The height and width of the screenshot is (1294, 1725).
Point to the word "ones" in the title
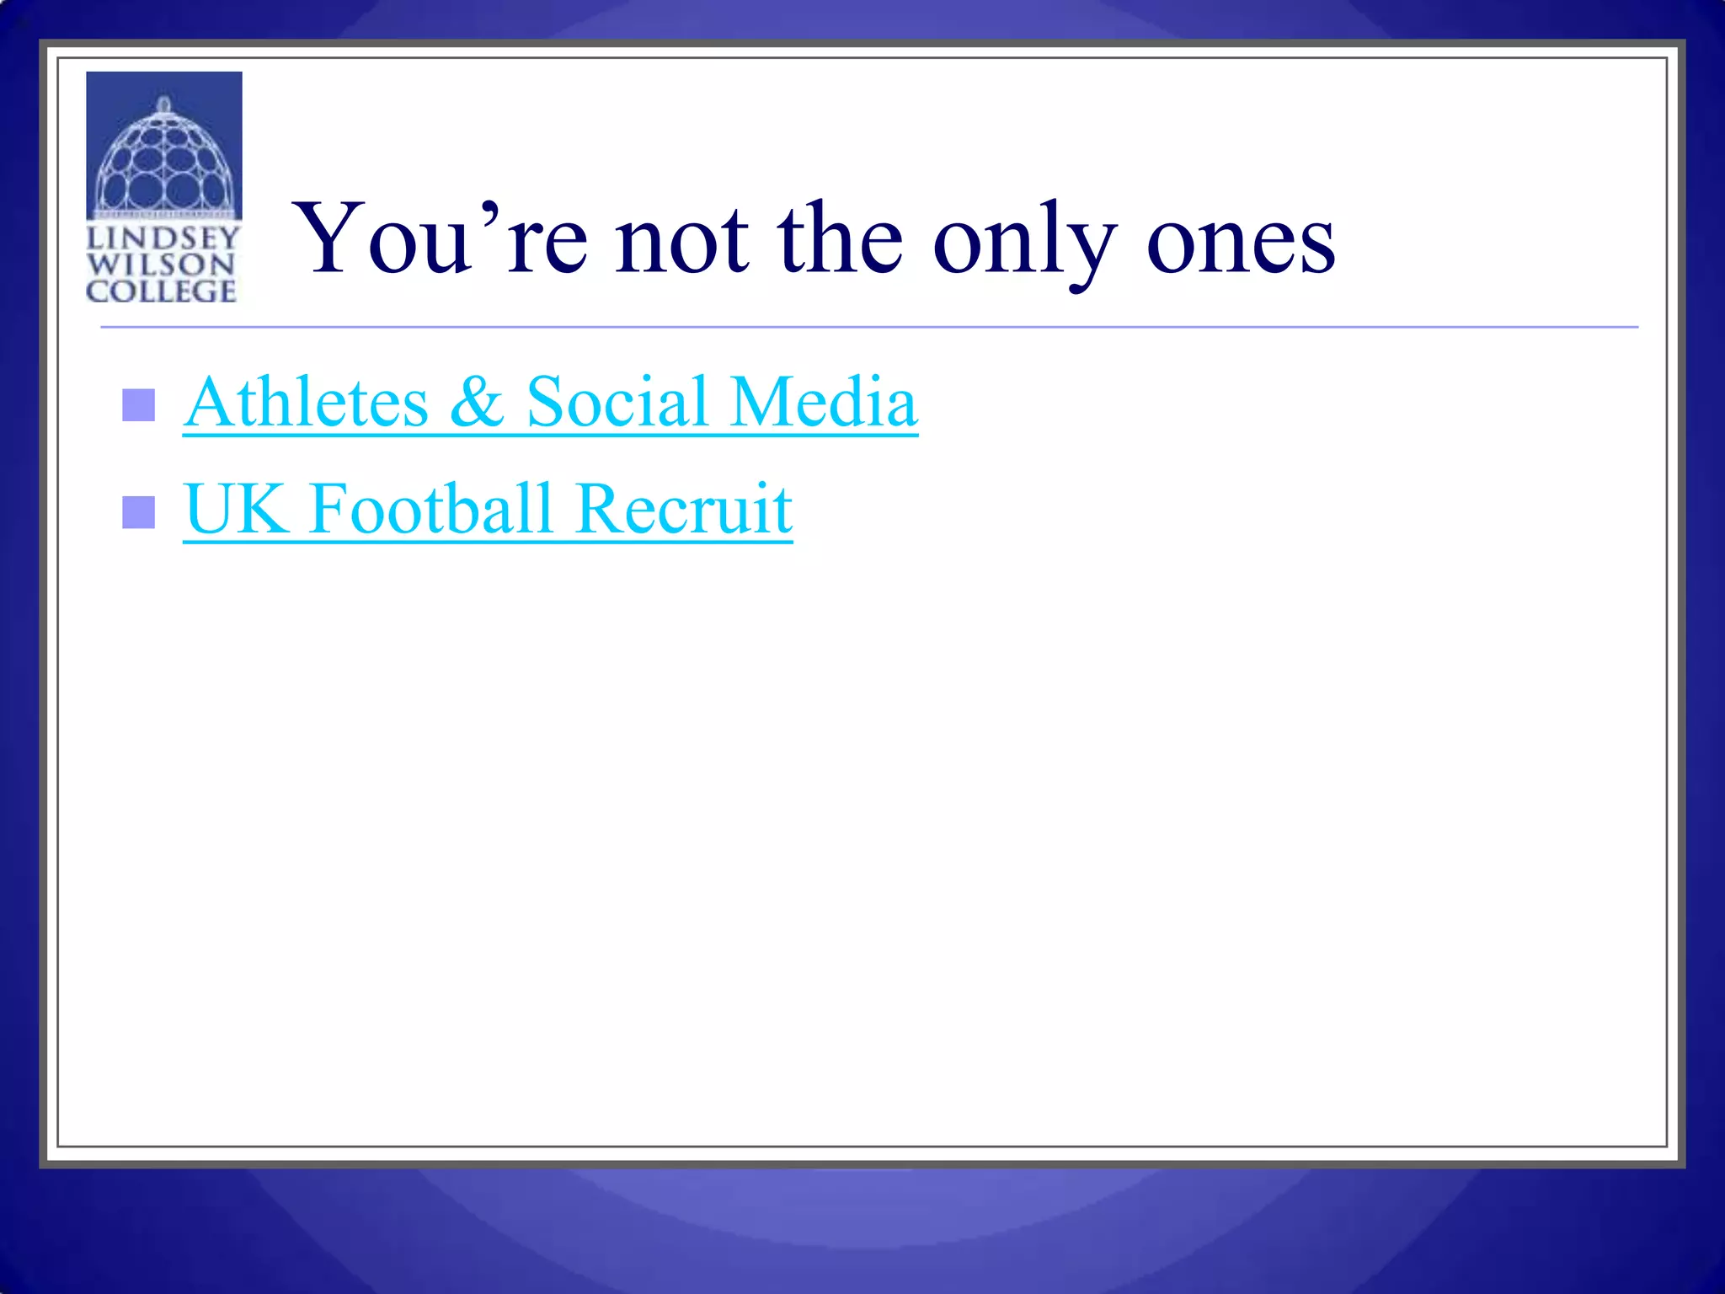[x=1240, y=244]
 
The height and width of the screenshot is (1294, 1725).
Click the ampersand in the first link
[x=477, y=403]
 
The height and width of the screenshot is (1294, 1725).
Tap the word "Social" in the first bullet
[x=617, y=403]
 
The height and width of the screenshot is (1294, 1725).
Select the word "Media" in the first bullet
[x=823, y=403]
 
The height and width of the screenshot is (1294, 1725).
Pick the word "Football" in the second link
[x=430, y=510]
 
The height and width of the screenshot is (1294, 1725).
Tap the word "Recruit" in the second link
[x=684, y=510]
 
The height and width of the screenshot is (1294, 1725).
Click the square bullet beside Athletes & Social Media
[x=138, y=405]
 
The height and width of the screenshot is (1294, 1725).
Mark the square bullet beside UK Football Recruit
[x=138, y=512]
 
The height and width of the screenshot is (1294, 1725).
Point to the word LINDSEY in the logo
[x=163, y=238]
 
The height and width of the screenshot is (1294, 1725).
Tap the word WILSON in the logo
[x=160, y=265]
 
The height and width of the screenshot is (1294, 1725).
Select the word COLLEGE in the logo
[x=161, y=291]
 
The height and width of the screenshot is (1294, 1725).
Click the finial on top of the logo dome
[x=164, y=104]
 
